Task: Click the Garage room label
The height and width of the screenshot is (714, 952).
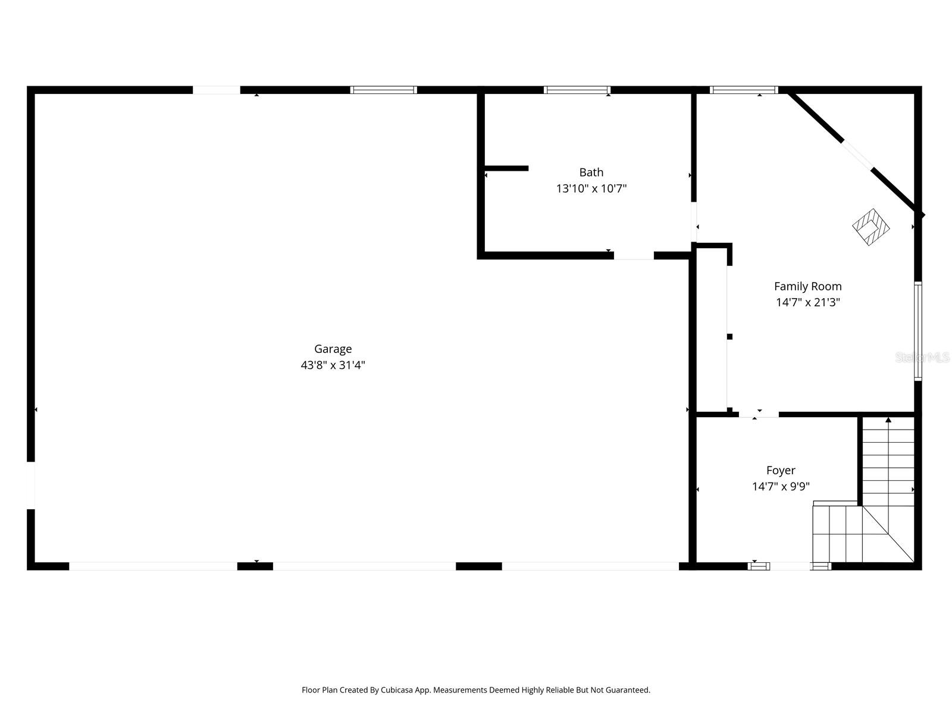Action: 333,349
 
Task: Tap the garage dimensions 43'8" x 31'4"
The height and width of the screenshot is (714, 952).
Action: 333,365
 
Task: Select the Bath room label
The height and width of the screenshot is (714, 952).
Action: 591,172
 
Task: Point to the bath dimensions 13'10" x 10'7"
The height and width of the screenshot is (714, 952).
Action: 591,189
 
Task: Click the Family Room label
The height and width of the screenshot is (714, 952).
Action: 807,286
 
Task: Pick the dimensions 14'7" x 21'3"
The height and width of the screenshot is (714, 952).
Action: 807,302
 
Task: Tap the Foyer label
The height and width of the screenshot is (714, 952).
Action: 781,470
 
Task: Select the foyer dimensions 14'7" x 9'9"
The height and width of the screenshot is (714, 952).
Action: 781,487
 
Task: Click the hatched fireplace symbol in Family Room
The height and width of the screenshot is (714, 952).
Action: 870,227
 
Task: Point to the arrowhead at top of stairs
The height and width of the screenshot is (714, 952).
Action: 888,420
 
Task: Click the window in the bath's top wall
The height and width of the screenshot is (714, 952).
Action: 577,90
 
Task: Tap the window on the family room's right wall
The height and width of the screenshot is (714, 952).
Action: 918,331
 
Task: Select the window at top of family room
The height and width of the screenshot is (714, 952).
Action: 744,90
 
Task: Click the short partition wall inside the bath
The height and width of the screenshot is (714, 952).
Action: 506,168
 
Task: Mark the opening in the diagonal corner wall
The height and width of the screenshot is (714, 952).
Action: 857,155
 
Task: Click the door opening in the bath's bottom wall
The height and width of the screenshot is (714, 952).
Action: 634,256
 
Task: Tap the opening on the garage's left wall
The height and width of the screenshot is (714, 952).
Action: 30,485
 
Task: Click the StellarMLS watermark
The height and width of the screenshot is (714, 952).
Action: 922,358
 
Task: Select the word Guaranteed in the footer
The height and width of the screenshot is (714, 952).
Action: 628,690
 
